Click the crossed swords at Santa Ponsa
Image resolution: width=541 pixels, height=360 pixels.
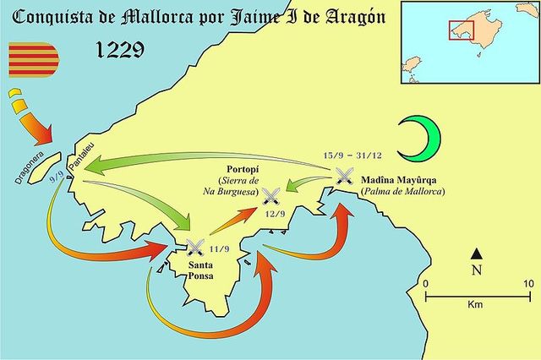[x=195, y=248]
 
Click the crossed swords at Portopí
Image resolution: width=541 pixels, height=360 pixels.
[x=271, y=197]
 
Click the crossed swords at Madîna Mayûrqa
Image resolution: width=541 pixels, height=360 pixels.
[x=344, y=177]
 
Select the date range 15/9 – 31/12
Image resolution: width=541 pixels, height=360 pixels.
[x=356, y=156]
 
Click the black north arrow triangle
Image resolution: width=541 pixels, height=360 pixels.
[x=477, y=253]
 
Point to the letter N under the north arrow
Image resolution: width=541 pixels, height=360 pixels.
[x=477, y=270]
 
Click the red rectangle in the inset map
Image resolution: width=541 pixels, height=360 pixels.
[x=461, y=30]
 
